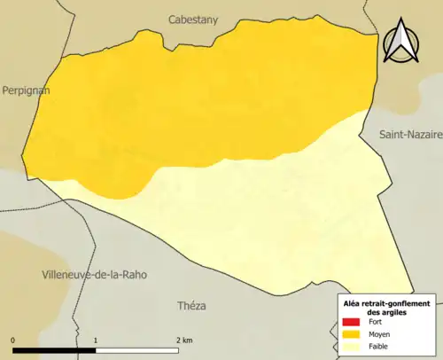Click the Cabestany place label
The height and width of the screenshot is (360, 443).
pos(192,18)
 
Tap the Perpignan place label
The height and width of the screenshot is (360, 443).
pos(26,90)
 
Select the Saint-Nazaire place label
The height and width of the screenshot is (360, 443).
pos(408,135)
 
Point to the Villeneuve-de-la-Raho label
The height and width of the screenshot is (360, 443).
pos(94,275)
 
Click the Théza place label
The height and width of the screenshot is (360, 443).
pos(191,305)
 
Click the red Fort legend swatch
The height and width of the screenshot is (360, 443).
pos(351,322)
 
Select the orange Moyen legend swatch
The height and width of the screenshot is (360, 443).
pos(351,334)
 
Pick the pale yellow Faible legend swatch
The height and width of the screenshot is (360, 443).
pos(351,347)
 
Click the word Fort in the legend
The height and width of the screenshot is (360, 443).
pos(376,322)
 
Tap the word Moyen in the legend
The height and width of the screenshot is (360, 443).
pos(379,334)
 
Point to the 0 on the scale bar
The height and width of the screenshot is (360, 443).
pos(13,340)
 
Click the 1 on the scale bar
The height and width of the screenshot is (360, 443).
pos(95,340)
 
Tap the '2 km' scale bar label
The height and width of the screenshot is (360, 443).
pos(183,340)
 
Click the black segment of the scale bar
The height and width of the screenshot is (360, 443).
pos(54,349)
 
